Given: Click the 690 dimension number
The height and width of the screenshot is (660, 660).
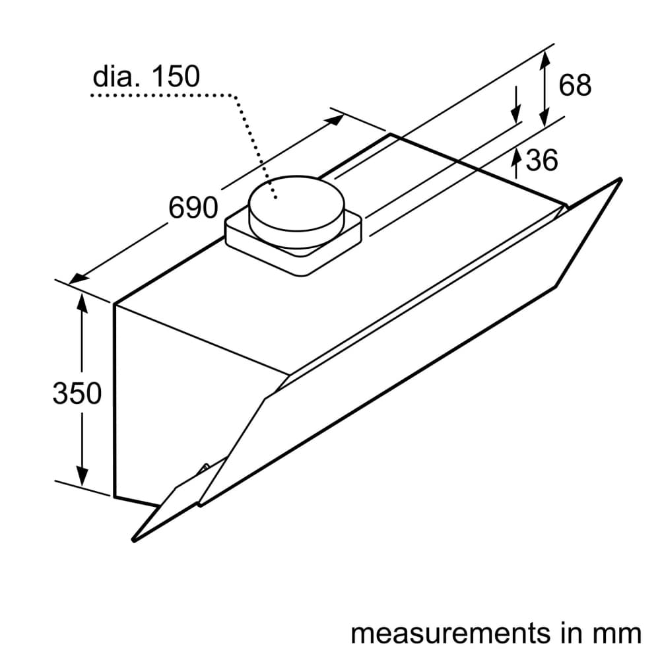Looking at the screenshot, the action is coord(193,207).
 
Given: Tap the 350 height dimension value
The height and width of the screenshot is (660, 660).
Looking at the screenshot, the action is coord(77,393).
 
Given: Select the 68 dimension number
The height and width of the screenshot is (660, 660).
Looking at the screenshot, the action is coord(575,84).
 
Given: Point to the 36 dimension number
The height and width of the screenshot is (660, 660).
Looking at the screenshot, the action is coord(542,160).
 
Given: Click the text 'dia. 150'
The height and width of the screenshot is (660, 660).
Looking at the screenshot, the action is coord(146,76).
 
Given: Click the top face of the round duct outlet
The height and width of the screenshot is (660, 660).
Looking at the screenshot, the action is coord(297,203).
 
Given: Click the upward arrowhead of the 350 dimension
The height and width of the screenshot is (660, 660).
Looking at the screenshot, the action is coord(82,302).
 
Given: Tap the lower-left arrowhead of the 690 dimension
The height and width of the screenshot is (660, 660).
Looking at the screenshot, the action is coord(79,279).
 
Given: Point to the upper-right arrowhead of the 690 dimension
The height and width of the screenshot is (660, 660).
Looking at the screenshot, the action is coord(335,120).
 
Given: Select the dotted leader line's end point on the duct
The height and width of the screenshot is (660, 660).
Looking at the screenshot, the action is coord(275,197).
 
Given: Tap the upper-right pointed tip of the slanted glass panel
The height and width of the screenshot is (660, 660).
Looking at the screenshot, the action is coord(620,180).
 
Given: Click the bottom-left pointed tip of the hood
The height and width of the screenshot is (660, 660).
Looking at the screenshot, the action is coord(134,540).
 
